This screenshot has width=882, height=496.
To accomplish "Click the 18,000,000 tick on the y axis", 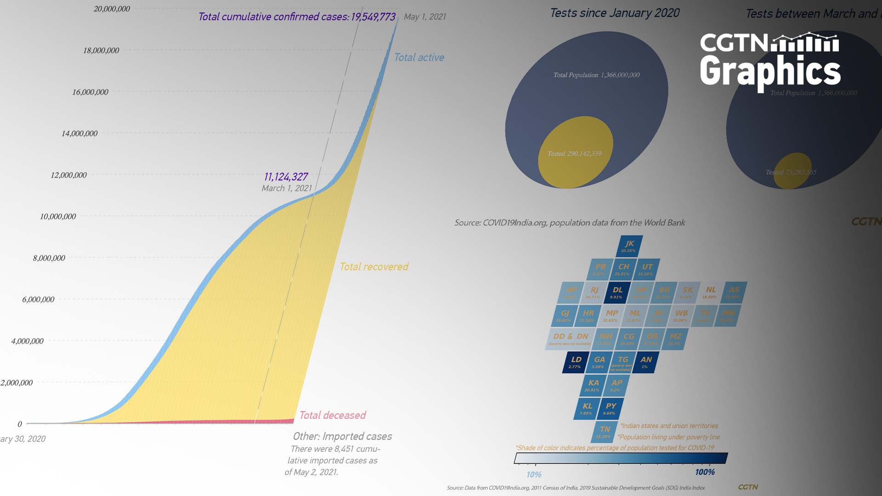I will pyautogui.click(x=101, y=51).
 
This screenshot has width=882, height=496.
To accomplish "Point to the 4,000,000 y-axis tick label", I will pyautogui.click(x=27, y=341).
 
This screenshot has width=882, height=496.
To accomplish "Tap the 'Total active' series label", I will pyautogui.click(x=419, y=57).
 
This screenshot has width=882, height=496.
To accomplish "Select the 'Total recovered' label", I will pyautogui.click(x=373, y=267).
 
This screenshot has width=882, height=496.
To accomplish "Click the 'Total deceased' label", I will pyautogui.click(x=333, y=416).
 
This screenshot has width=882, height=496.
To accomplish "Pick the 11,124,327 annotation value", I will pyautogui.click(x=286, y=177).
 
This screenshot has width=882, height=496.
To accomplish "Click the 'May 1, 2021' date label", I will pyautogui.click(x=425, y=17).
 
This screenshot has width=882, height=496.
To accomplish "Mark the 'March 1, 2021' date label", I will pyautogui.click(x=287, y=188).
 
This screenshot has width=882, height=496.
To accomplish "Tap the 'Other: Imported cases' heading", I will pyautogui.click(x=342, y=436).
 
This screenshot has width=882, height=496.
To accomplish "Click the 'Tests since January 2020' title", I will pyautogui.click(x=615, y=13).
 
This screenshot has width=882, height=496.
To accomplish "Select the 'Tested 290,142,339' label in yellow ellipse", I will pyautogui.click(x=574, y=154).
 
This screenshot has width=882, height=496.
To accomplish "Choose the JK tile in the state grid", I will pyautogui.click(x=629, y=246).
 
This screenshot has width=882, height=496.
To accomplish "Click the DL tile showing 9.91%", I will pyautogui.click(x=617, y=293).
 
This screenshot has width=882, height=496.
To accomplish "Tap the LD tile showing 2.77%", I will pyautogui.click(x=575, y=362).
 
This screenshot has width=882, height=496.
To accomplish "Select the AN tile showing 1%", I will pyautogui.click(x=645, y=362).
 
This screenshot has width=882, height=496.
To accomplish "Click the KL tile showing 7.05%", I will pyautogui.click(x=587, y=408).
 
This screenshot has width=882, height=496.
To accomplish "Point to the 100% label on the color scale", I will pyautogui.click(x=705, y=472).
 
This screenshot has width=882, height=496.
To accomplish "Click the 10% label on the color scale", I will pyautogui.click(x=534, y=474).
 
